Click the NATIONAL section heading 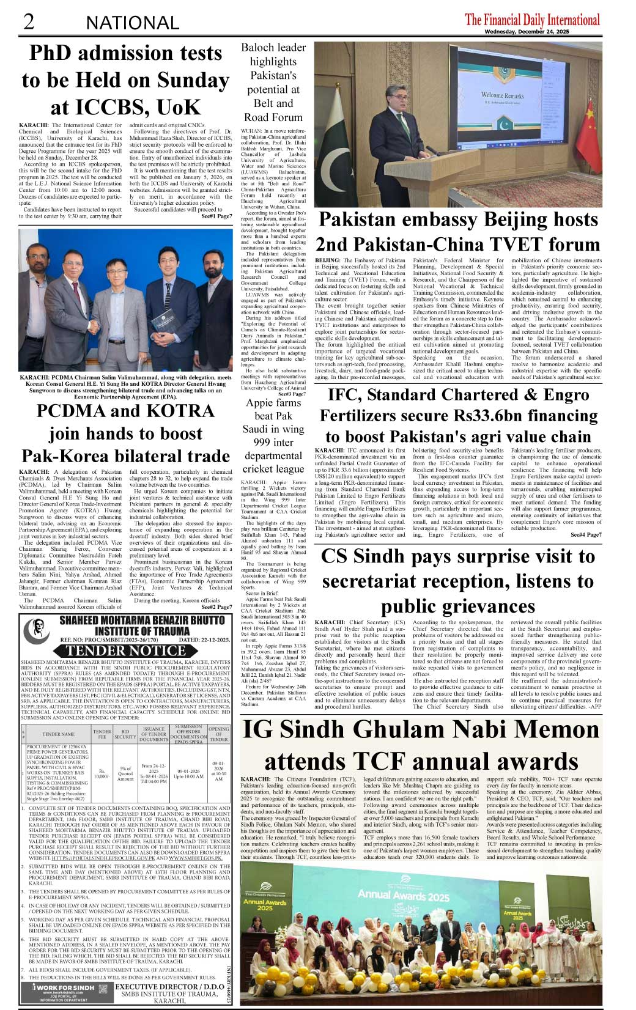tap(133, 23)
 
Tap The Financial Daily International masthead tap(532, 20)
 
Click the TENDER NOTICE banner tap(125, 651)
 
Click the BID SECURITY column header tap(125, 734)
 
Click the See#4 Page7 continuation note tap(585, 535)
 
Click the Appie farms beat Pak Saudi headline tap(273, 436)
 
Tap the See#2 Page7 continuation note tap(215, 607)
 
